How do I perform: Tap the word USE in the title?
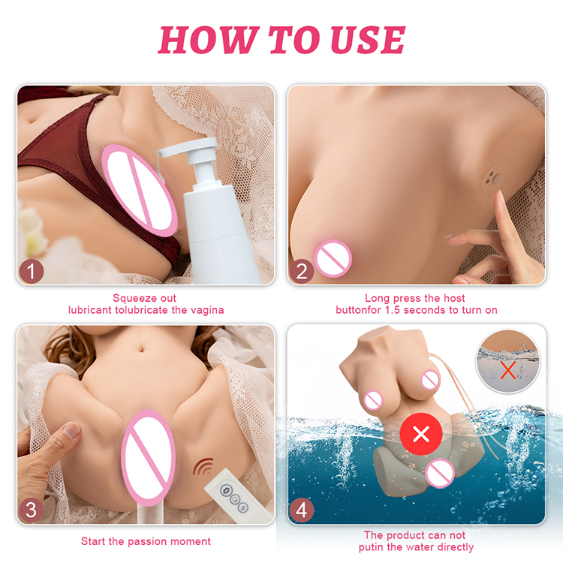pos(368,40)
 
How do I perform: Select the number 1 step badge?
pos(32,271)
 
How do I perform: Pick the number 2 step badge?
pos(302,271)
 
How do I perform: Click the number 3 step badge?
pos(32,510)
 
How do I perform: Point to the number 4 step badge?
pos(302,510)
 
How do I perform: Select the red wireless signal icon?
pos(203,466)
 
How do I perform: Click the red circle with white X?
pos(421,434)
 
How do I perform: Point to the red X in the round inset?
pos(508,370)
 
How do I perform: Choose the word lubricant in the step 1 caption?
pos(90,310)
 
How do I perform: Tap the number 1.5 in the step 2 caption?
pos(393,310)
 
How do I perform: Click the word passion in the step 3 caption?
pos(144,541)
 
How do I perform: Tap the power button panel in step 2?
pos(494,179)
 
